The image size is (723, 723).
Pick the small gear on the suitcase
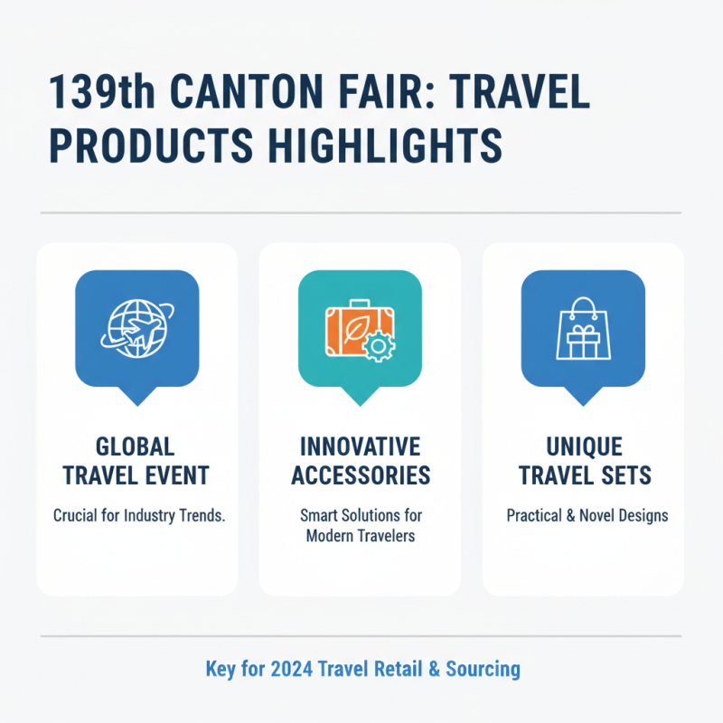380,347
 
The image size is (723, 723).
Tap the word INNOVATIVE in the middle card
361,446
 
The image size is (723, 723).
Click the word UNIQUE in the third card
583,446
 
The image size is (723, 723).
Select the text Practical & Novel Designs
583,516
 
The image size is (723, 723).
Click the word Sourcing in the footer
478,670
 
